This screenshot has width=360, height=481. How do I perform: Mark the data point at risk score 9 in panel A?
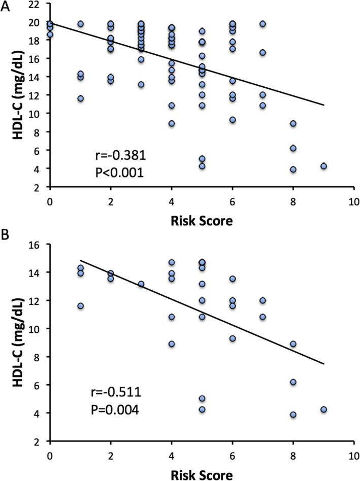point(323,166)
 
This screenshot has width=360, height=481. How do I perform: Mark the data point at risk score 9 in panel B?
point(323,409)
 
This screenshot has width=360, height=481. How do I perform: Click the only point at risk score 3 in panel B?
point(141,284)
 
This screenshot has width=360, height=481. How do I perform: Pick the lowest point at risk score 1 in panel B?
point(80,306)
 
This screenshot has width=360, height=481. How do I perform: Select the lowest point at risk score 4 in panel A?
point(172,123)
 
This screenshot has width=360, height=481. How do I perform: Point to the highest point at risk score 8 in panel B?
point(293,344)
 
